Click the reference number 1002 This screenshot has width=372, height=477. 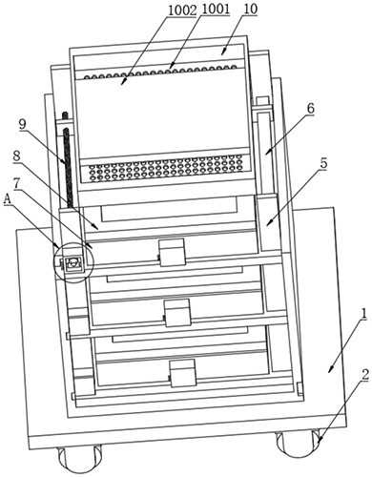point(182,10)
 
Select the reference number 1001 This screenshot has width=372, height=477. point(216,10)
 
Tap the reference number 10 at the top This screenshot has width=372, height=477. point(250,9)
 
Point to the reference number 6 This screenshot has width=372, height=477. point(310,109)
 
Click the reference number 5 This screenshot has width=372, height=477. point(323,163)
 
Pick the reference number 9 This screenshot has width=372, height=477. point(22,124)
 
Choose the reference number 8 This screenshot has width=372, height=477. point(16,156)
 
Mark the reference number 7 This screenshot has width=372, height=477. point(16,184)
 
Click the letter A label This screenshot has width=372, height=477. point(8,200)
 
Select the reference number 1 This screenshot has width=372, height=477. point(363,314)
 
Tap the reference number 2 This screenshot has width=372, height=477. point(365,375)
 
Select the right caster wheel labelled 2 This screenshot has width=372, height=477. point(299,445)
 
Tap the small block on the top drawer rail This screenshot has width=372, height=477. point(172,252)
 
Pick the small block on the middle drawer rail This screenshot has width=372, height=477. point(177,313)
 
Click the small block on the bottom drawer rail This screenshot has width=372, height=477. point(183,373)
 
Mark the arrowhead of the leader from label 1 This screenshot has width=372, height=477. point(331,369)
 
